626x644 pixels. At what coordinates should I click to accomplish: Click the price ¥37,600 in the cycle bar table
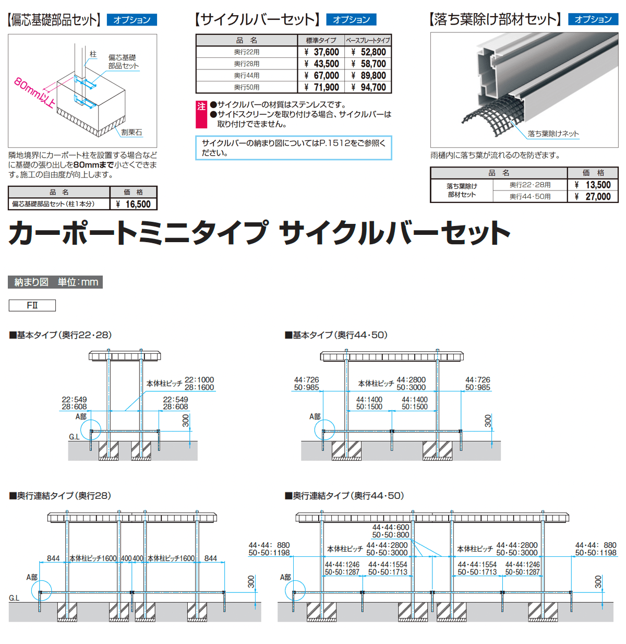322,52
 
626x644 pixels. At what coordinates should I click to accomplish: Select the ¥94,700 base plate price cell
368,87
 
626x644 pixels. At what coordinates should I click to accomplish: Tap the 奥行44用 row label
247,76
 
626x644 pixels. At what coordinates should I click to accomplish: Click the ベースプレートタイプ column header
368,40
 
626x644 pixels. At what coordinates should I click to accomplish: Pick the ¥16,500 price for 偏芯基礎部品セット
133,204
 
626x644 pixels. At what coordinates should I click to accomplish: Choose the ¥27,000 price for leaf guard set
593,196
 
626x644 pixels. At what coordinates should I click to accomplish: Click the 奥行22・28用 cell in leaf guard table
530,185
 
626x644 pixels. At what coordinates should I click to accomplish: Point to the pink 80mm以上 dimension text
34,93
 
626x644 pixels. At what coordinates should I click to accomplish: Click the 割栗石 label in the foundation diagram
131,133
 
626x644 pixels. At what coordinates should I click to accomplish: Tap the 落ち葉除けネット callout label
553,134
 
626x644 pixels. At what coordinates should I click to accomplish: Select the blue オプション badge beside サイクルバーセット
351,20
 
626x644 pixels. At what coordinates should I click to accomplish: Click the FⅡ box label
32,305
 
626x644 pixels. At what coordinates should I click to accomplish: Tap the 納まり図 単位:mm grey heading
56,282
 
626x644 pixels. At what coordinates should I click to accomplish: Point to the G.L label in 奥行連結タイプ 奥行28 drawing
14,598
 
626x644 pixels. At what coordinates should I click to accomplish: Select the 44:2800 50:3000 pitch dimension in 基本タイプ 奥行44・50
411,384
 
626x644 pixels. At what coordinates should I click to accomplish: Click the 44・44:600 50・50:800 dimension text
391,531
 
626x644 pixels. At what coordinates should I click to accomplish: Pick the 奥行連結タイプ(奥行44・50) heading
345,496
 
